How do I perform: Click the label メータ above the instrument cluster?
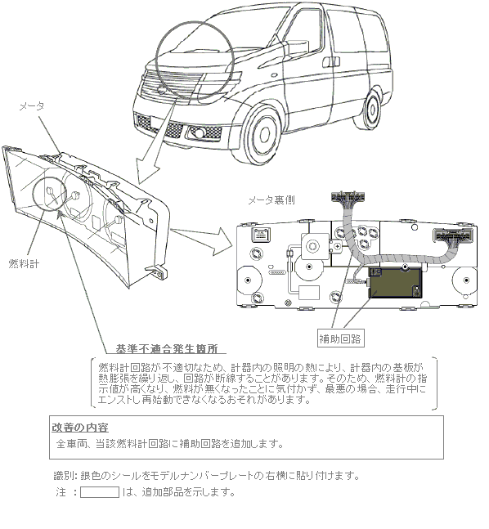point(31,106)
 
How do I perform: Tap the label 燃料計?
point(24,263)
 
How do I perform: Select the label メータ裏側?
point(271,200)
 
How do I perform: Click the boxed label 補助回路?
point(340,338)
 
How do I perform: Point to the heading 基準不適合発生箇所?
point(166,348)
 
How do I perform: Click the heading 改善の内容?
point(80,428)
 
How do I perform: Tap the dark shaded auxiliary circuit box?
point(395,282)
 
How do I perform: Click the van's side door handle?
point(330,62)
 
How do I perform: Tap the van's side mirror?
point(298,49)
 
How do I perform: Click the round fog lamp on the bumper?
point(200,132)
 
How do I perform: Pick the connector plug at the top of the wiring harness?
point(348,197)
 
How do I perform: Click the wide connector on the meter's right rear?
point(453,235)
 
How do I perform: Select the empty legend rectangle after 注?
point(100,492)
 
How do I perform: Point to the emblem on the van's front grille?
point(161,91)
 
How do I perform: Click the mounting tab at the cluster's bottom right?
point(156,272)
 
